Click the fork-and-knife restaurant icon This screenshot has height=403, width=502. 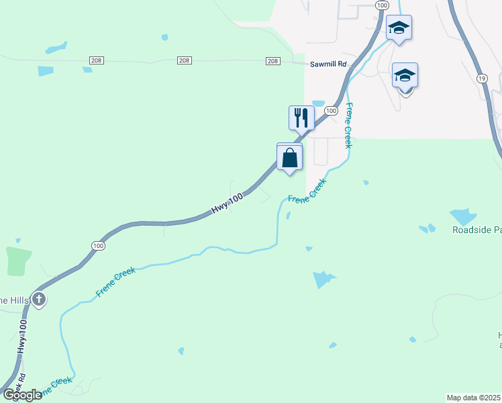301,118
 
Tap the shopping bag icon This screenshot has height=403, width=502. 289,158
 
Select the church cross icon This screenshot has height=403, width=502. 39,299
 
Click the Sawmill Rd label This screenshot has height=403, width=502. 328,64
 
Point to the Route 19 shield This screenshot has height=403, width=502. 482,79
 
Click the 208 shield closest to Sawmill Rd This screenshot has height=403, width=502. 272,61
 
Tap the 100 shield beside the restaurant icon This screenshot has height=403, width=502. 330,109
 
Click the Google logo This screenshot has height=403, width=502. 23,395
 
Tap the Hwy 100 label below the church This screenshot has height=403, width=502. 22,336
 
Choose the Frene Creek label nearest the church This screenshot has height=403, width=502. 116,281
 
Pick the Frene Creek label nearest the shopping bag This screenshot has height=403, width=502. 307,191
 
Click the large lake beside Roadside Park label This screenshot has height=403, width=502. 462,216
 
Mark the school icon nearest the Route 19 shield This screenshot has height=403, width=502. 405,75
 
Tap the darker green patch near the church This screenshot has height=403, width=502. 19,261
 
